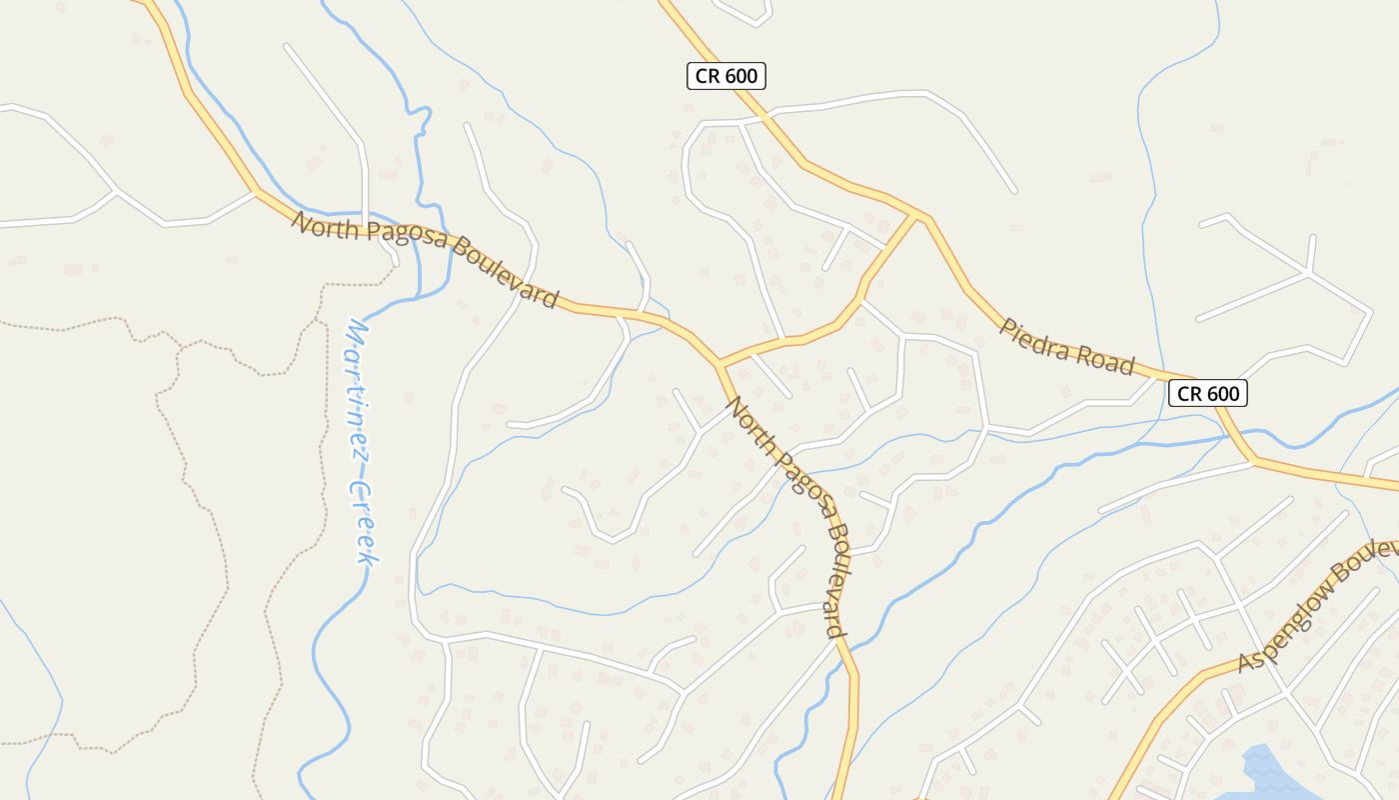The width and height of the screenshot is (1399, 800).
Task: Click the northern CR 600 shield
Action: click(x=726, y=76)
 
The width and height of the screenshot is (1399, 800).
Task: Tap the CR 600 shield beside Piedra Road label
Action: click(x=1207, y=393)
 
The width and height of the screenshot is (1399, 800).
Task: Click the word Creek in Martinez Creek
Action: click(x=364, y=525)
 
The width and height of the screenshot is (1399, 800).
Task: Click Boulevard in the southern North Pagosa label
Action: click(x=833, y=580)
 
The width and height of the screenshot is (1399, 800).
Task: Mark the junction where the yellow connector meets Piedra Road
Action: click(x=917, y=214)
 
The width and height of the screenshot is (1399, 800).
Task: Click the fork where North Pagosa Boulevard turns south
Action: click(x=718, y=363)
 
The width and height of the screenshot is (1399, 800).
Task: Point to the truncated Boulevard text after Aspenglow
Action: click(x=1374, y=553)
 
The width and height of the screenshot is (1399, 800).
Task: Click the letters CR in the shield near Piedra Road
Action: click(x=1189, y=393)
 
